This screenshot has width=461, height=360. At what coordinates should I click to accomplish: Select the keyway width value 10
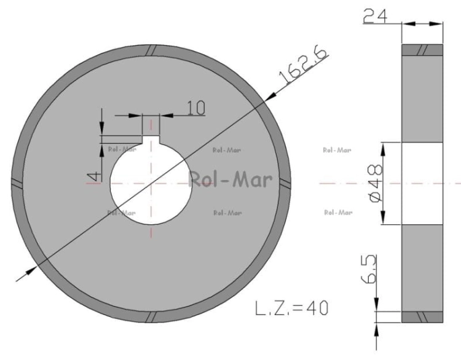pyautogui.click(x=196, y=108)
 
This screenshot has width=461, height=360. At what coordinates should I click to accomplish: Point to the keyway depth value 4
pyautogui.click(x=94, y=176)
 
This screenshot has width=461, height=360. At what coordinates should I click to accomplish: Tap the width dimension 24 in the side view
pyautogui.click(x=375, y=16)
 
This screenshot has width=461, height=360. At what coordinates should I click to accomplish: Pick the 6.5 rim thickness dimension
pyautogui.click(x=369, y=269)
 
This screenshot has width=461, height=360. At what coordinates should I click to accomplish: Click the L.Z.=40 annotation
pyautogui.click(x=291, y=308)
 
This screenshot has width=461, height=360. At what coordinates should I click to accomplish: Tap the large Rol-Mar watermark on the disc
pyautogui.click(x=230, y=179)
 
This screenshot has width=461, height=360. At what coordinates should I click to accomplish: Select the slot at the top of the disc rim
pyautogui.click(x=152, y=50)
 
